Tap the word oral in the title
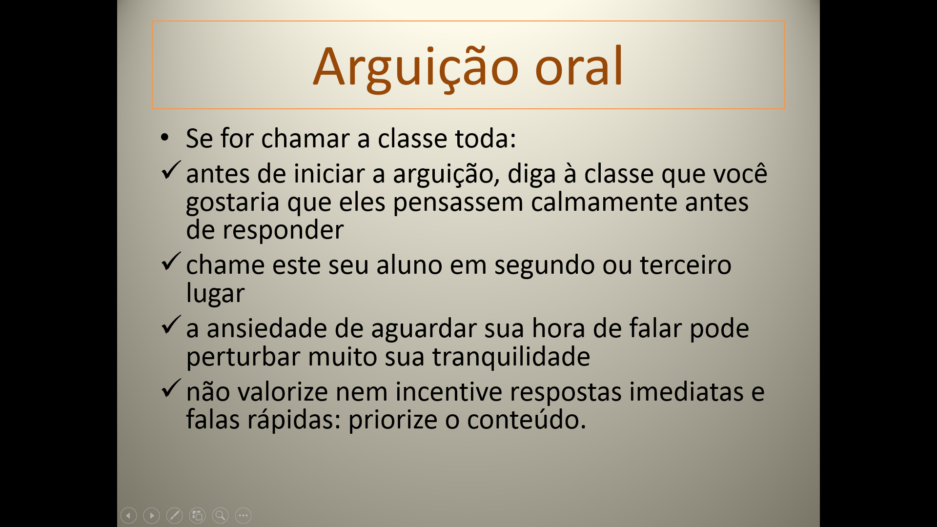tap(579, 65)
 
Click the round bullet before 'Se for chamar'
tap(164, 138)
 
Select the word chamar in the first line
tap(305, 138)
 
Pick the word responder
tap(283, 231)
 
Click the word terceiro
tap(686, 265)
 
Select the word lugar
tap(215, 294)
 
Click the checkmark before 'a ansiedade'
tap(171, 324)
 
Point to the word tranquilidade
tap(511, 356)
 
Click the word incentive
tap(448, 391)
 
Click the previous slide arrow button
tap(128, 515)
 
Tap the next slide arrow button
tap(151, 515)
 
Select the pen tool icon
tap(174, 515)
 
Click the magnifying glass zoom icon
tap(220, 515)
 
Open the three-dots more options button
tap(243, 515)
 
